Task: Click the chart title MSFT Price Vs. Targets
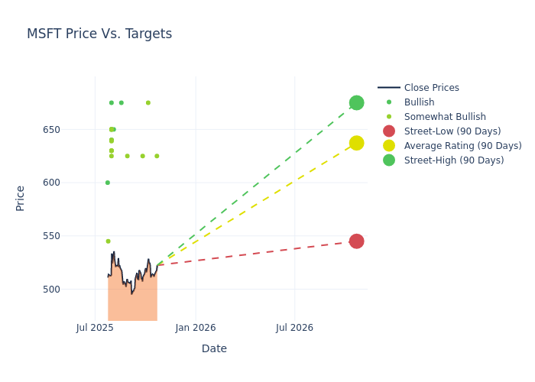pos(99,34)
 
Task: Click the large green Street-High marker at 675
pos(356,102)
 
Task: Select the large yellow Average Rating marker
pos(356,143)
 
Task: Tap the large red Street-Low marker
pos(356,241)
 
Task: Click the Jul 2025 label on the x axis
pos(95,328)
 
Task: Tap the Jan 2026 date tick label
pos(196,328)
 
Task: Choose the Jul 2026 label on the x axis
pos(294,328)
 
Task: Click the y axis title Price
pos(21,198)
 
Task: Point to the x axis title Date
pos(214,349)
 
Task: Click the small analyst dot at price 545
pos(108,241)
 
